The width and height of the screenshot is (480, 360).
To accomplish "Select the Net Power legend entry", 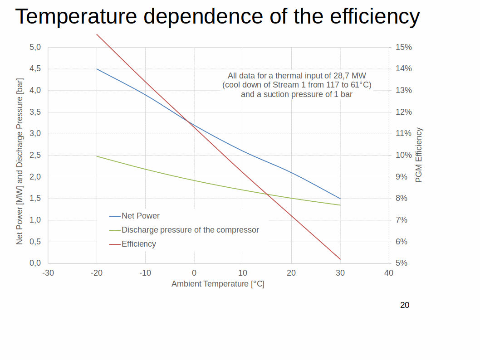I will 141,216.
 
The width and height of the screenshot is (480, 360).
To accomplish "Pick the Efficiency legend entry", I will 138,244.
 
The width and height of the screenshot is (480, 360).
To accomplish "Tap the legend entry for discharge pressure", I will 190,230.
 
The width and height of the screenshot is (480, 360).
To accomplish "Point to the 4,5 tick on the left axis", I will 35,69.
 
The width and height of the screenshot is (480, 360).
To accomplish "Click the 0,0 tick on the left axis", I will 35,263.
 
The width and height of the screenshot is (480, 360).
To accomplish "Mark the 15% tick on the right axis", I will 404,47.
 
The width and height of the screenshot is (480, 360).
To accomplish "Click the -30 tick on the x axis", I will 48,273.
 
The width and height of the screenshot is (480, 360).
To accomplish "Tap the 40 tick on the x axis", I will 389,273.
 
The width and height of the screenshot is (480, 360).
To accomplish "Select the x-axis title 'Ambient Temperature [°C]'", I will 218,284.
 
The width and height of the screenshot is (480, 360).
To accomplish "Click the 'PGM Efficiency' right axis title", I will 419,155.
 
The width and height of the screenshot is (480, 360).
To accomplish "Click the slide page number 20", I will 405,305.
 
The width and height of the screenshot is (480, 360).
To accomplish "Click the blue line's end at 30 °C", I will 340,199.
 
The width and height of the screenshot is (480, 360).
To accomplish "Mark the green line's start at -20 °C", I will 97,156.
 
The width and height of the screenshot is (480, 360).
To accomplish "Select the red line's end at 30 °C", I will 340,259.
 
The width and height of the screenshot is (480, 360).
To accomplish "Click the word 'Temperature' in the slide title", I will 76,16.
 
